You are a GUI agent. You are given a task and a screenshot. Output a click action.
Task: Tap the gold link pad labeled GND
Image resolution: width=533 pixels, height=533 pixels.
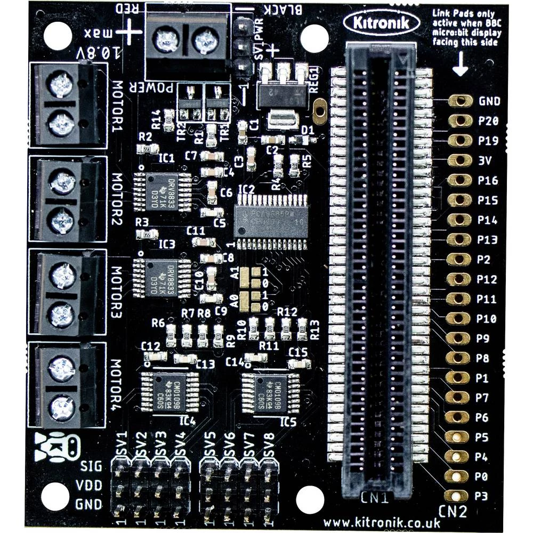(459, 101)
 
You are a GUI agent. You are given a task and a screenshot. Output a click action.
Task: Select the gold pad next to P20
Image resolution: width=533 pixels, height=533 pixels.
(459, 120)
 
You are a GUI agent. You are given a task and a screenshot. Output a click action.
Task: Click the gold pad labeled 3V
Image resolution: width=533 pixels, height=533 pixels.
(459, 160)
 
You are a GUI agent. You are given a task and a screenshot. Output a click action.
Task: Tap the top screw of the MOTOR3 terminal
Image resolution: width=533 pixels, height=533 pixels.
(61, 276)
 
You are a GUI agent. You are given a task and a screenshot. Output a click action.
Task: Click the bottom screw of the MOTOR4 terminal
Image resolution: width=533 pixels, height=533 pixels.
(61, 408)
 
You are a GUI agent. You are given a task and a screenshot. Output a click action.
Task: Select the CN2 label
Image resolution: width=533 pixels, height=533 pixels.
(453, 512)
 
